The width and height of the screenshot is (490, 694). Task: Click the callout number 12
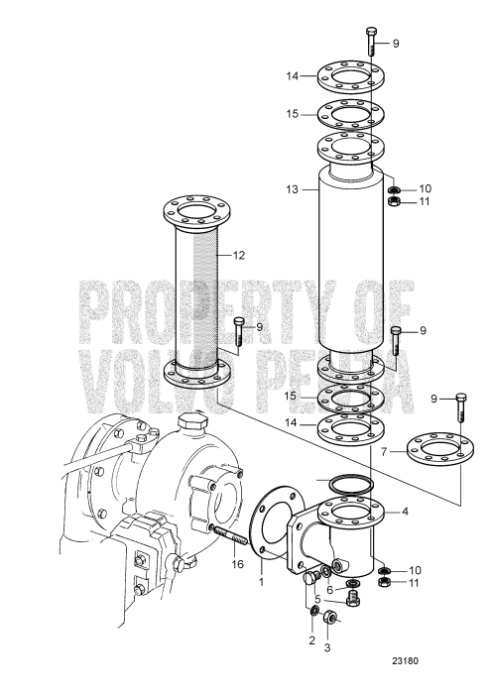click(x=238, y=255)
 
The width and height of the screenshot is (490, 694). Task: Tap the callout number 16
click(x=237, y=566)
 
